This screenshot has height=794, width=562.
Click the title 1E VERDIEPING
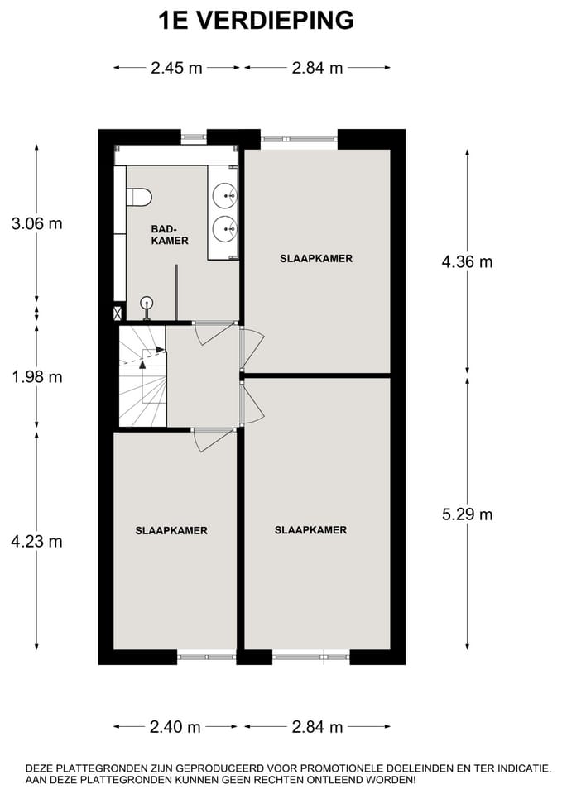[x=256, y=20]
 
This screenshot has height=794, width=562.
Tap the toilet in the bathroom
[x=140, y=197]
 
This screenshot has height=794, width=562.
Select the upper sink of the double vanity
[x=224, y=196]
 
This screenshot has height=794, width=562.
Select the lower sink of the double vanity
[x=224, y=227]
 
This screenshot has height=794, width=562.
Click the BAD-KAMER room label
[x=169, y=235]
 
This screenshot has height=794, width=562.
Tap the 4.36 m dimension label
[x=467, y=262]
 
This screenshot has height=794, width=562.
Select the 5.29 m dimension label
[x=467, y=514]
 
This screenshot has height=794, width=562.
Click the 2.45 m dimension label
[x=176, y=69]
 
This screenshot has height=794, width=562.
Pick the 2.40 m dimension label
[x=175, y=728]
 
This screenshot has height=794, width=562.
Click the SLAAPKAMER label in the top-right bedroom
[x=316, y=259]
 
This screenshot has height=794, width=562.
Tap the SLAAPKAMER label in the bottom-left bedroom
[x=171, y=530]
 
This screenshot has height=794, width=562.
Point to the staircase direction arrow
[x=150, y=351]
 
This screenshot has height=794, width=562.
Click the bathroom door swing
[x=211, y=333]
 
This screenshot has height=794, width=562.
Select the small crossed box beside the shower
[x=118, y=313]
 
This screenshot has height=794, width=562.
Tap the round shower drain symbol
[x=147, y=304]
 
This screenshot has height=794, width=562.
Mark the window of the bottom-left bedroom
[x=206, y=657]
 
